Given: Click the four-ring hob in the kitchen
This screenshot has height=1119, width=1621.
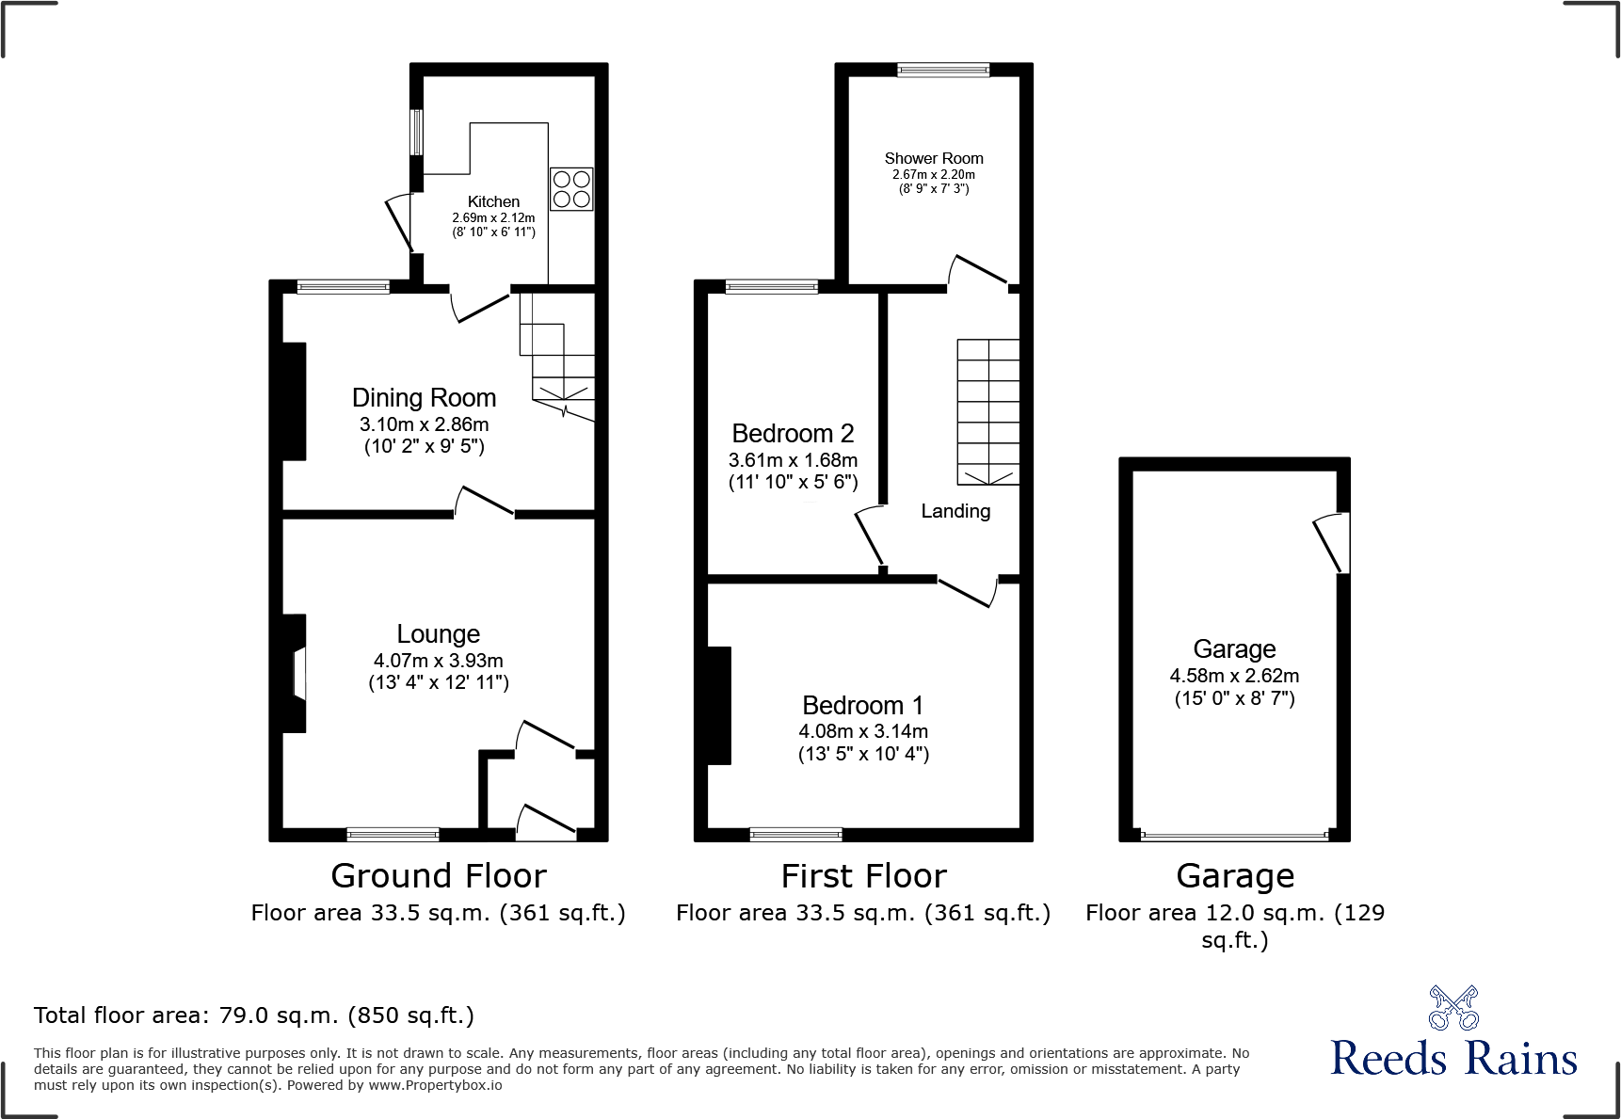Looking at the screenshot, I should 571,189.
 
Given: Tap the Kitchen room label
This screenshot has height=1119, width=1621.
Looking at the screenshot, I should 493,201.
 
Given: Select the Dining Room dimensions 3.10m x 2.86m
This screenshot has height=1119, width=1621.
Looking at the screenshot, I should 424,424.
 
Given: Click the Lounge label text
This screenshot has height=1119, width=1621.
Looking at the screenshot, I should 438,633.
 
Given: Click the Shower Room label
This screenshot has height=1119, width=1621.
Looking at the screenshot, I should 933,158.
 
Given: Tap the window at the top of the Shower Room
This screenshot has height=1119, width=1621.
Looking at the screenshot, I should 943,70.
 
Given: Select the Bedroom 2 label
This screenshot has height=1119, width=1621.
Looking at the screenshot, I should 793,433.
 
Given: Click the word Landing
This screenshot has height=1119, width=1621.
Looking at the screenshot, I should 955,511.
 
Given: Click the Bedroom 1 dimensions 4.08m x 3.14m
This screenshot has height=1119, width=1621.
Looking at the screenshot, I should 863,731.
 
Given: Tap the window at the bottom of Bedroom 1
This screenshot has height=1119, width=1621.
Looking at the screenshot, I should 795,834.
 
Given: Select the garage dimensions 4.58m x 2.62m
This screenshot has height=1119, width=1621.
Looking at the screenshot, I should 1234,676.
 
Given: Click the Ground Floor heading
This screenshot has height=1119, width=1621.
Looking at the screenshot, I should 439,876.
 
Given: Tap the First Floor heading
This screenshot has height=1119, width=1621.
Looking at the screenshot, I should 863,876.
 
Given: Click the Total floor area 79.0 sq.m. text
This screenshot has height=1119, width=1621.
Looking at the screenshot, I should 254,1015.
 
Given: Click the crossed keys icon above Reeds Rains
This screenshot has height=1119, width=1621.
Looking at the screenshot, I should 1453,1008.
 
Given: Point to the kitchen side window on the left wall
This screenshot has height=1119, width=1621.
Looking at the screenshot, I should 415,133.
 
